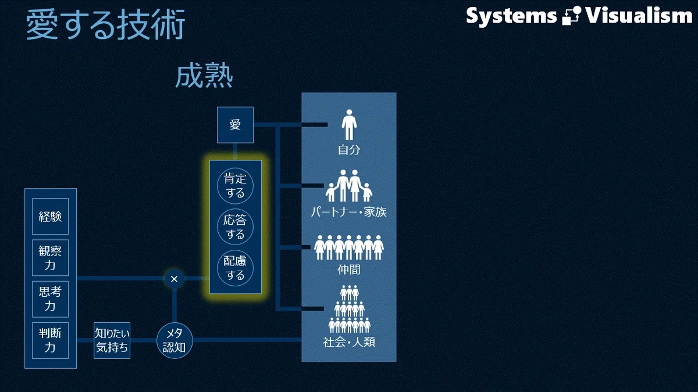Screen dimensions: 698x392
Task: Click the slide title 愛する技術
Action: pyautogui.click(x=105, y=24)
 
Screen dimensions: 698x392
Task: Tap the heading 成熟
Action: pyautogui.click(x=204, y=75)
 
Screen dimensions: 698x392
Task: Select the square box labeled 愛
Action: pyautogui.click(x=235, y=125)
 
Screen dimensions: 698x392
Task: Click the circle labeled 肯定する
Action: pyautogui.click(x=235, y=186)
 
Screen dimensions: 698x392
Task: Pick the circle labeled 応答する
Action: pyautogui.click(x=235, y=227)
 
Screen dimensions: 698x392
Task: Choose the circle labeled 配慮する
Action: pyautogui.click(x=235, y=268)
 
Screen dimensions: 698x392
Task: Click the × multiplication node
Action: pyautogui.click(x=174, y=279)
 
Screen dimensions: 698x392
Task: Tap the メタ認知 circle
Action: pyautogui.click(x=174, y=340)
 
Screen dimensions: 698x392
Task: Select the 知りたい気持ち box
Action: pyautogui.click(x=112, y=340)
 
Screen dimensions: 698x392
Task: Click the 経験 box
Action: pyautogui.click(x=50, y=216)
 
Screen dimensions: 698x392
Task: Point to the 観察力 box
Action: pyautogui.click(x=50, y=258)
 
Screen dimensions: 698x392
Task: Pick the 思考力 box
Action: pyautogui.click(x=50, y=299)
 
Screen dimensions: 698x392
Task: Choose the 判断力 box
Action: pyautogui.click(x=50, y=340)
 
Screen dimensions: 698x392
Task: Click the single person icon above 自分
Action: pyautogui.click(x=349, y=124)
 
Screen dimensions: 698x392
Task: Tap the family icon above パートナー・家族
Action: pyautogui.click(x=349, y=186)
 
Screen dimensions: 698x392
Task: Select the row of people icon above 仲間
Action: pyautogui.click(x=349, y=247)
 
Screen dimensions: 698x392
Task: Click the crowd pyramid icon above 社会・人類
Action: pyautogui.click(x=350, y=309)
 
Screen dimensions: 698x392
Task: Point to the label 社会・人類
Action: pyautogui.click(x=349, y=342)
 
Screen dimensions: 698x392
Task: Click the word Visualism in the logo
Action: pyautogui.click(x=639, y=16)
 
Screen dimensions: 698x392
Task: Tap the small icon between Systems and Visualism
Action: pyautogui.click(x=571, y=16)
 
